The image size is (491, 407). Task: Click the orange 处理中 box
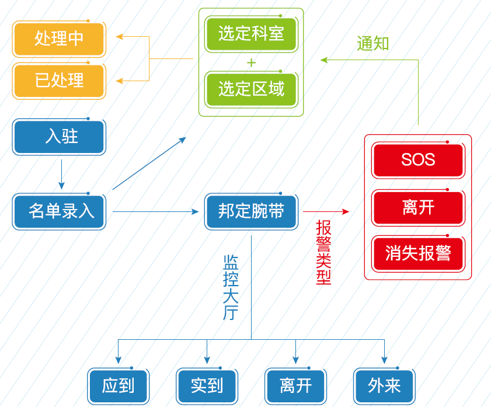point(59,39)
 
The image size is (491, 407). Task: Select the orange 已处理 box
point(59,81)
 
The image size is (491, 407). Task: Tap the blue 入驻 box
point(59,137)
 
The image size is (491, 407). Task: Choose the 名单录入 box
point(59,211)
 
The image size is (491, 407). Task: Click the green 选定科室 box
point(251,34)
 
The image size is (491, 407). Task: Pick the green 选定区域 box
point(251,89)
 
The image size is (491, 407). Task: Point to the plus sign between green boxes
point(251,63)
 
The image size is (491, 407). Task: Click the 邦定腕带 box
point(251,211)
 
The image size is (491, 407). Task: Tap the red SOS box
point(418,160)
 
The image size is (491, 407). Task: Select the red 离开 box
point(418,207)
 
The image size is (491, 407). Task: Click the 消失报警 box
point(418,253)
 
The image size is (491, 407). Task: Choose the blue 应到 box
point(119,386)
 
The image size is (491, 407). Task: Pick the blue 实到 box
point(207,386)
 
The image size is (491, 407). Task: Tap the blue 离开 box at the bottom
point(295,386)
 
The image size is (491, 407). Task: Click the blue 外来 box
point(384,386)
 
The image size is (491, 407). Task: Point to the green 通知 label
point(372,44)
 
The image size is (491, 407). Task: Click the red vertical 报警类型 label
point(323,252)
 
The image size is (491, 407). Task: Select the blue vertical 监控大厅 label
point(231,287)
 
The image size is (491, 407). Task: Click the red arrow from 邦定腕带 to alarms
point(326,211)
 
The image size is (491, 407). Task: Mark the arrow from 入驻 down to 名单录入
point(61,175)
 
